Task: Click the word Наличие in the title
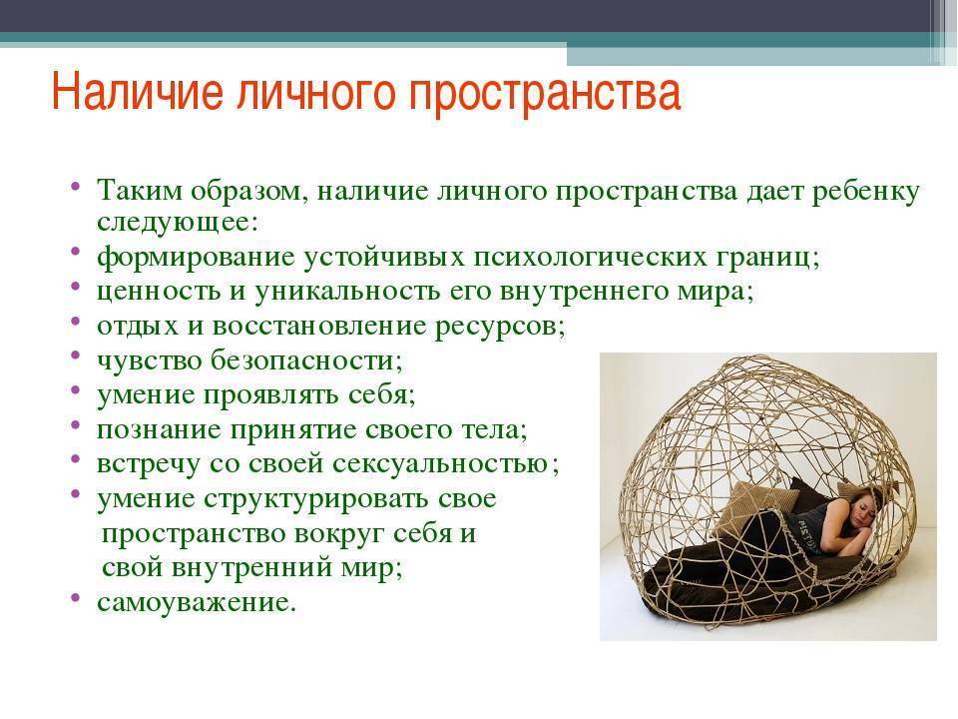click(138, 92)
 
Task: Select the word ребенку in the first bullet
click(865, 193)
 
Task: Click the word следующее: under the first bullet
click(178, 223)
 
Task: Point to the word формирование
click(196, 258)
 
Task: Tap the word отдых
click(138, 326)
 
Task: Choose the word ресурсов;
click(500, 328)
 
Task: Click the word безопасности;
click(306, 360)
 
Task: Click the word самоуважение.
click(197, 603)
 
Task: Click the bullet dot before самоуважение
click(75, 597)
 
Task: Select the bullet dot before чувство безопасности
click(75, 355)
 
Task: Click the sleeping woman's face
click(861, 511)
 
